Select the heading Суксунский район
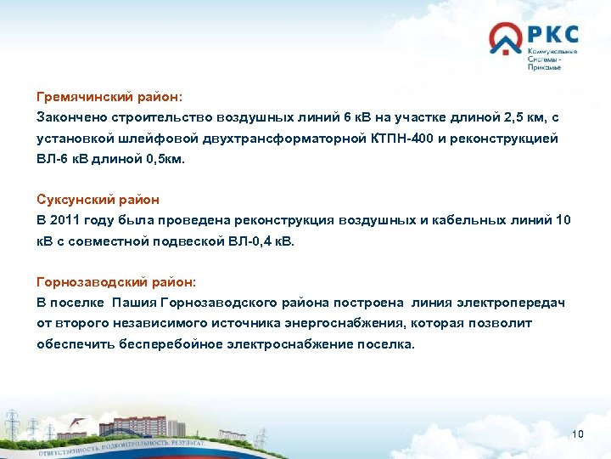(x=98, y=200)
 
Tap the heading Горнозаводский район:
(x=116, y=281)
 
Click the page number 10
(x=579, y=435)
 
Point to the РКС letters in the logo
(x=552, y=36)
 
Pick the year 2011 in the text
(x=70, y=220)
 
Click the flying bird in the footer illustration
(x=77, y=420)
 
